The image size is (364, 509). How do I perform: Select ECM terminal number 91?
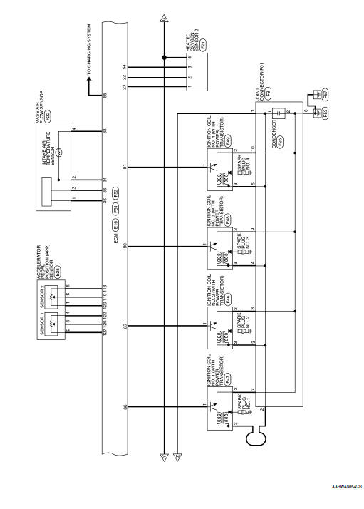click(x=125, y=167)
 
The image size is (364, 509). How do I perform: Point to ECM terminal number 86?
click(x=125, y=408)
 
